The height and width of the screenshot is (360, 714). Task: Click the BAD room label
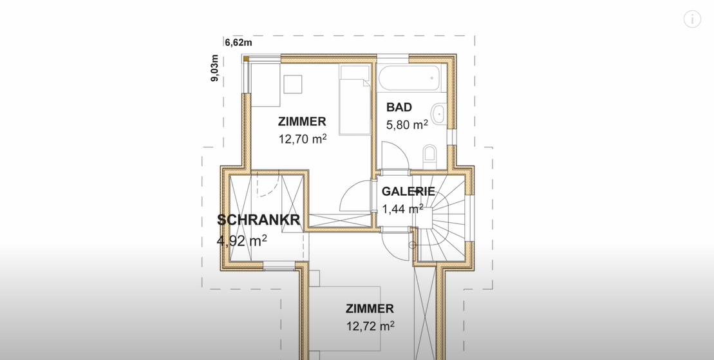pyautogui.click(x=399, y=107)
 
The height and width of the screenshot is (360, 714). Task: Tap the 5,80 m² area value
pyautogui.click(x=407, y=124)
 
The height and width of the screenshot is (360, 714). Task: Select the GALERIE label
pyautogui.click(x=408, y=191)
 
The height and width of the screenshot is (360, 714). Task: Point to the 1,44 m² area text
pyautogui.click(x=402, y=209)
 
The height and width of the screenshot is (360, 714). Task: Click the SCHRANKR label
pyautogui.click(x=258, y=220)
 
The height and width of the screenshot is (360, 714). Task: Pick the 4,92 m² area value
pyautogui.click(x=242, y=240)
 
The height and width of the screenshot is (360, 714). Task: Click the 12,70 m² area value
pyautogui.click(x=303, y=138)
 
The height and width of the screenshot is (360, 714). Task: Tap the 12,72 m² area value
pyautogui.click(x=370, y=326)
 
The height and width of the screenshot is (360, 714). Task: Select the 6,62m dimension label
pyautogui.click(x=238, y=43)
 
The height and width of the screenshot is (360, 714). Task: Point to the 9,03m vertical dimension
pyautogui.click(x=214, y=68)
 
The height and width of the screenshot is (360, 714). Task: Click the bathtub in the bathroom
pyautogui.click(x=409, y=79)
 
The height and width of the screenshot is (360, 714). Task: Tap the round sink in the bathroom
pyautogui.click(x=438, y=114)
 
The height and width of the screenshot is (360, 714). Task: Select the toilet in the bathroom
pyautogui.click(x=429, y=156)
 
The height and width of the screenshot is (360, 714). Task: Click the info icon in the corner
pyautogui.click(x=692, y=19)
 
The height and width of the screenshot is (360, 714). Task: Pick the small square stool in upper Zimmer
pyautogui.click(x=293, y=84)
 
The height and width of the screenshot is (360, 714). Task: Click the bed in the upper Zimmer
pyautogui.click(x=355, y=100)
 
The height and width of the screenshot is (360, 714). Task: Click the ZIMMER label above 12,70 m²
pyautogui.click(x=302, y=122)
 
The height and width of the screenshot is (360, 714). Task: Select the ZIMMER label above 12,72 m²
pyautogui.click(x=370, y=308)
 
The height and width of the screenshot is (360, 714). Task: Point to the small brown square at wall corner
pyautogui.click(x=246, y=59)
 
